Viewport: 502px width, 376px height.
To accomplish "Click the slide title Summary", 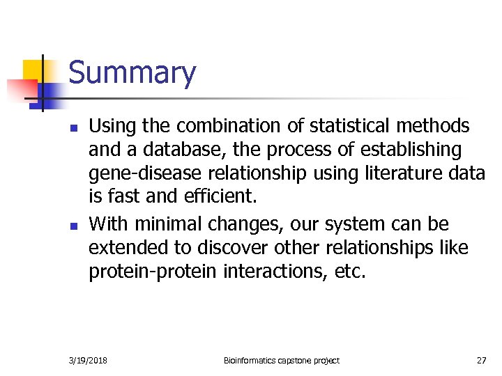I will click(x=132, y=73).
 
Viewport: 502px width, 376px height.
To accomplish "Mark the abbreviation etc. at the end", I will click(x=350, y=272).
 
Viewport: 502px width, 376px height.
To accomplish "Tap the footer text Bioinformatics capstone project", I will click(x=281, y=360).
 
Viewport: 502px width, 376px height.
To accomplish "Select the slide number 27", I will click(x=481, y=360).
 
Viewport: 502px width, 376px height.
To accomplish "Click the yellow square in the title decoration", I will click(x=33, y=70).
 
